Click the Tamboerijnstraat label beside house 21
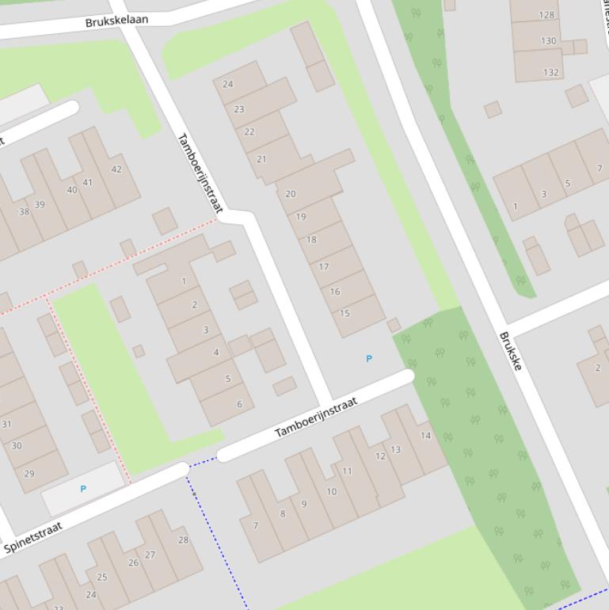tap(199, 173)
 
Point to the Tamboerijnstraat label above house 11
tap(316, 418)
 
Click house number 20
tap(290, 194)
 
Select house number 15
tap(344, 314)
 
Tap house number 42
tap(116, 170)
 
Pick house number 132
tap(551, 73)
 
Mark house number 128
tap(546, 15)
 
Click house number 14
tap(425, 436)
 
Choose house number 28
tap(183, 540)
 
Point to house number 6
tap(239, 404)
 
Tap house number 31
tap(6, 425)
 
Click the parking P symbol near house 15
tap(368, 359)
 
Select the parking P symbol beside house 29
tap(83, 490)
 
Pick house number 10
tap(331, 492)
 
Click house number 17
tap(324, 267)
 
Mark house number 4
tap(216, 353)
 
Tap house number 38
tap(24, 212)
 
